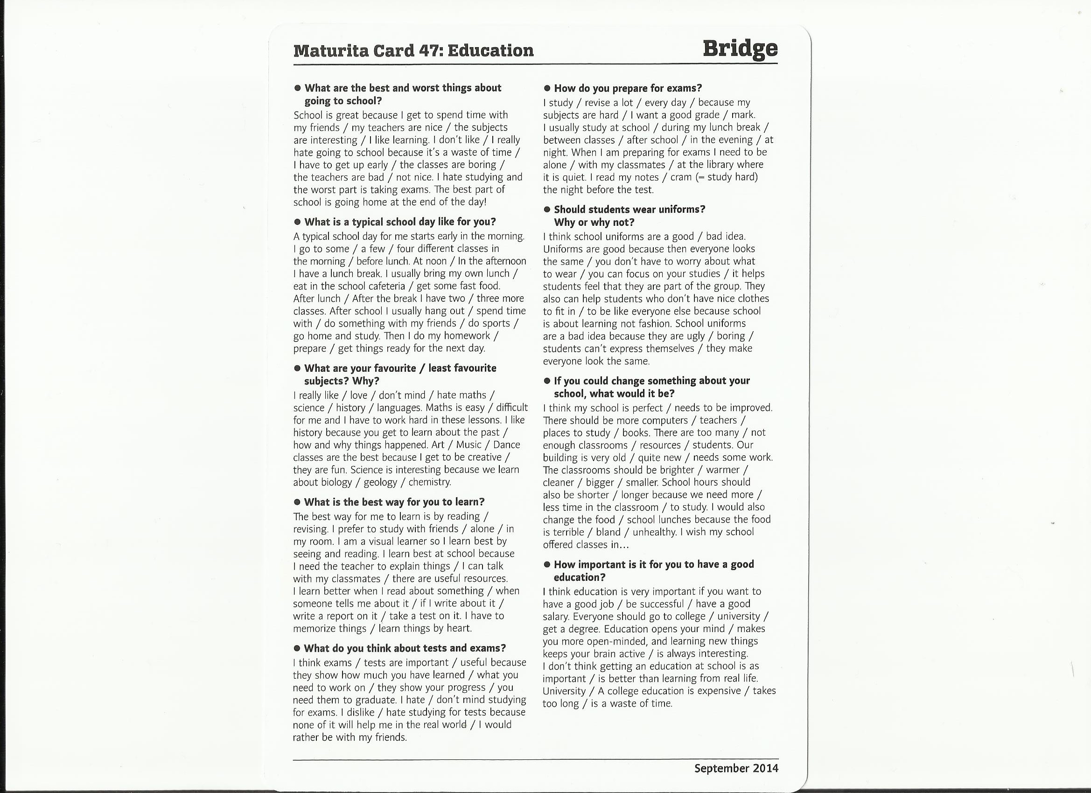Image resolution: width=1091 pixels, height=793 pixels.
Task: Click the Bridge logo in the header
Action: point(740,49)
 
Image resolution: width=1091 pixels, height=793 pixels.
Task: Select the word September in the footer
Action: point(715,768)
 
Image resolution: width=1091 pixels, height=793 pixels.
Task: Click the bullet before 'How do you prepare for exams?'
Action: point(547,89)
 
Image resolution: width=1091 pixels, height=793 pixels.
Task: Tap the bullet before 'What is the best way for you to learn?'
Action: point(297,502)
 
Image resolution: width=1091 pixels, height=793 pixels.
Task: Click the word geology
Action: point(380,482)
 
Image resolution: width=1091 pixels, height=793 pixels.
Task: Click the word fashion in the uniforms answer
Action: point(654,324)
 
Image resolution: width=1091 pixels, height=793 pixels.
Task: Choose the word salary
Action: point(556,617)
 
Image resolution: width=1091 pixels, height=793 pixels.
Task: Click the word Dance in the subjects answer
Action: point(507,445)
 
